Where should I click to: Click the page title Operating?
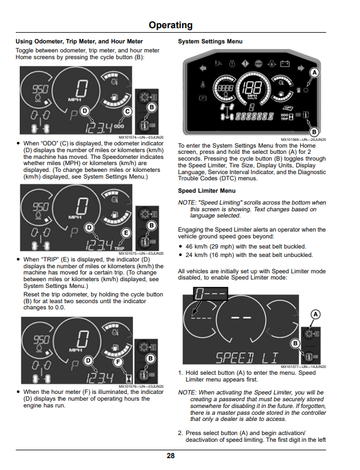[x=171, y=25]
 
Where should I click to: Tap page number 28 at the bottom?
[x=171, y=455]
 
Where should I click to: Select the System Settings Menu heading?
[x=210, y=41]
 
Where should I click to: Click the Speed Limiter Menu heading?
[x=207, y=190]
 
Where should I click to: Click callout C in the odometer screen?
[x=127, y=112]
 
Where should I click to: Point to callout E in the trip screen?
[x=126, y=233]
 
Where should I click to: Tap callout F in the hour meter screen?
[x=118, y=362]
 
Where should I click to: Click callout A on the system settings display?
[x=314, y=73]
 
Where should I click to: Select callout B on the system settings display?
[x=314, y=131]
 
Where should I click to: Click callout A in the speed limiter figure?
[x=315, y=314]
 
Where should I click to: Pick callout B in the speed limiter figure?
[x=295, y=344]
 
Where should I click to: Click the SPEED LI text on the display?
[x=247, y=358]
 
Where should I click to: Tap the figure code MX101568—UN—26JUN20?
[x=303, y=140]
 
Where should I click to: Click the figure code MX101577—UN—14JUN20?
[x=303, y=367]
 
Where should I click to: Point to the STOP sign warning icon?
[x=259, y=64]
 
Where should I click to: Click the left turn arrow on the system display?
[x=203, y=68]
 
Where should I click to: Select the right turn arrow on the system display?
[x=301, y=68]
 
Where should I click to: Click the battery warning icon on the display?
[x=285, y=64]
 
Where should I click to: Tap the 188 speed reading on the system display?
[x=252, y=87]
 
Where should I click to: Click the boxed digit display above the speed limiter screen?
[x=211, y=294]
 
